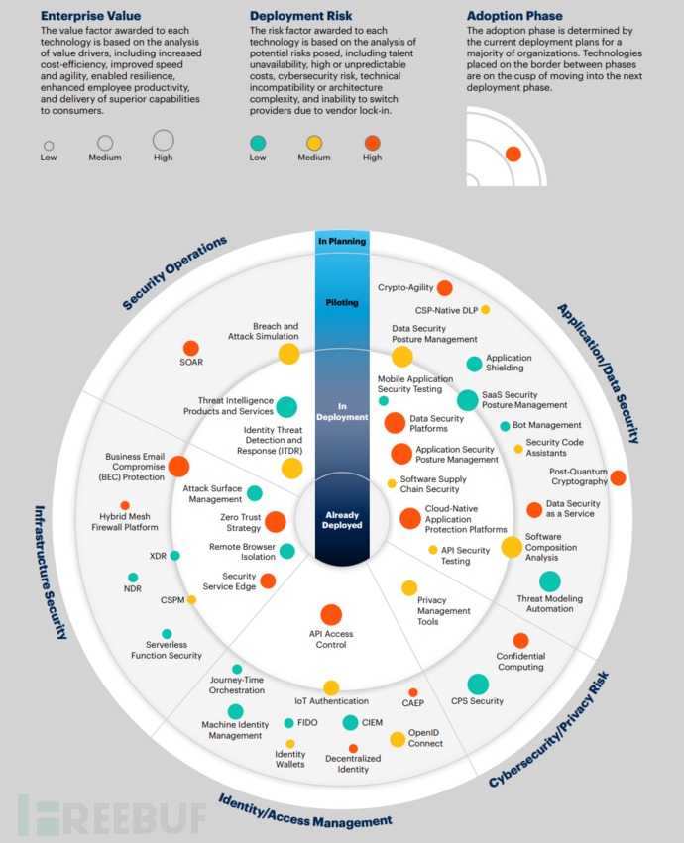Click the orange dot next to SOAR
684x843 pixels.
[x=190, y=348]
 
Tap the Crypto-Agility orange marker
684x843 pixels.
[x=445, y=288]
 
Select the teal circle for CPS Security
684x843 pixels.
[x=478, y=684]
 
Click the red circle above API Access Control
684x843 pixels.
[x=331, y=615]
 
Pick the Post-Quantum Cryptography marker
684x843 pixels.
[x=618, y=477]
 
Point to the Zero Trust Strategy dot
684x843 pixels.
[x=276, y=522]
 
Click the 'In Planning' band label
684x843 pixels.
[x=342, y=241]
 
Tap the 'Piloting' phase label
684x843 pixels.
[x=342, y=302]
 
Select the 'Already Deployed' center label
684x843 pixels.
[x=342, y=520]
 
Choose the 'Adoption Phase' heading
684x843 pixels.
[x=513, y=16]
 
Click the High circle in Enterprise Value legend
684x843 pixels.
[x=164, y=141]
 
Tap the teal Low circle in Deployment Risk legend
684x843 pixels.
[x=259, y=142]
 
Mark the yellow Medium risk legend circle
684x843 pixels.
[x=314, y=142]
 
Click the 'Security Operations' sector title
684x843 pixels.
[x=174, y=272]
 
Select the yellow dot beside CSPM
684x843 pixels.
[x=191, y=599]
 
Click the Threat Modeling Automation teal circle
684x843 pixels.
[x=550, y=581]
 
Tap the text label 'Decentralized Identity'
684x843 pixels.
[x=353, y=764]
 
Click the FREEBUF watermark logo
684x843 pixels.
[x=110, y=814]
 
